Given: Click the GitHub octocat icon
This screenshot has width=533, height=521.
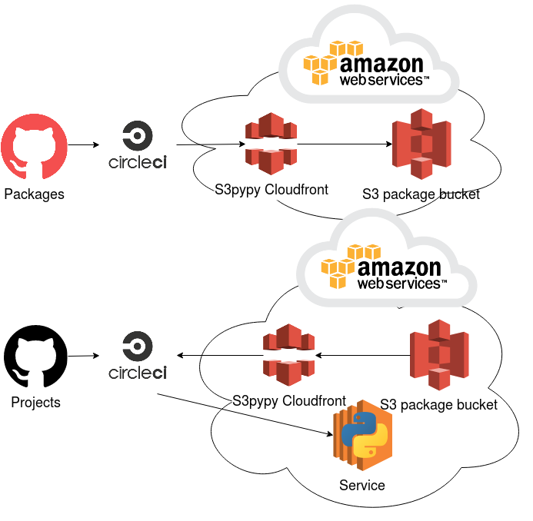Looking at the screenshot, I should point(34,146).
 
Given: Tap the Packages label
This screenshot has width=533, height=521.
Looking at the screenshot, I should point(34,194).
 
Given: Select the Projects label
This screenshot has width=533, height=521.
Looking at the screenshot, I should point(36,402).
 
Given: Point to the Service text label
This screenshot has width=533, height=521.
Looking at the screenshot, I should point(361,485).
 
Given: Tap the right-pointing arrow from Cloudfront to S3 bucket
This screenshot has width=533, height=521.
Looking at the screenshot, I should point(342,144).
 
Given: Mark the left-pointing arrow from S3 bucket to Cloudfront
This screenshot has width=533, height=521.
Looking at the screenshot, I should point(361,355).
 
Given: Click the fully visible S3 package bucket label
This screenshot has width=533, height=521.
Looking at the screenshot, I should point(439,404).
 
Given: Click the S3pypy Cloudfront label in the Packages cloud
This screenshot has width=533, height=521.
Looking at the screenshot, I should point(271,189).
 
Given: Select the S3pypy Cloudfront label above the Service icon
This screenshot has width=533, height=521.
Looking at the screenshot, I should point(289,401).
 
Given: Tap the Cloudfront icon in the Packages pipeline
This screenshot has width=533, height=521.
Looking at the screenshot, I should point(270,144).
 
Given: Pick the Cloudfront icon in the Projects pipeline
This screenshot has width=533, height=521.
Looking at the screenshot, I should point(288,355).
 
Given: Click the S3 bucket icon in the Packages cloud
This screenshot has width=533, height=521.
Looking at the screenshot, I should point(421,144).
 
